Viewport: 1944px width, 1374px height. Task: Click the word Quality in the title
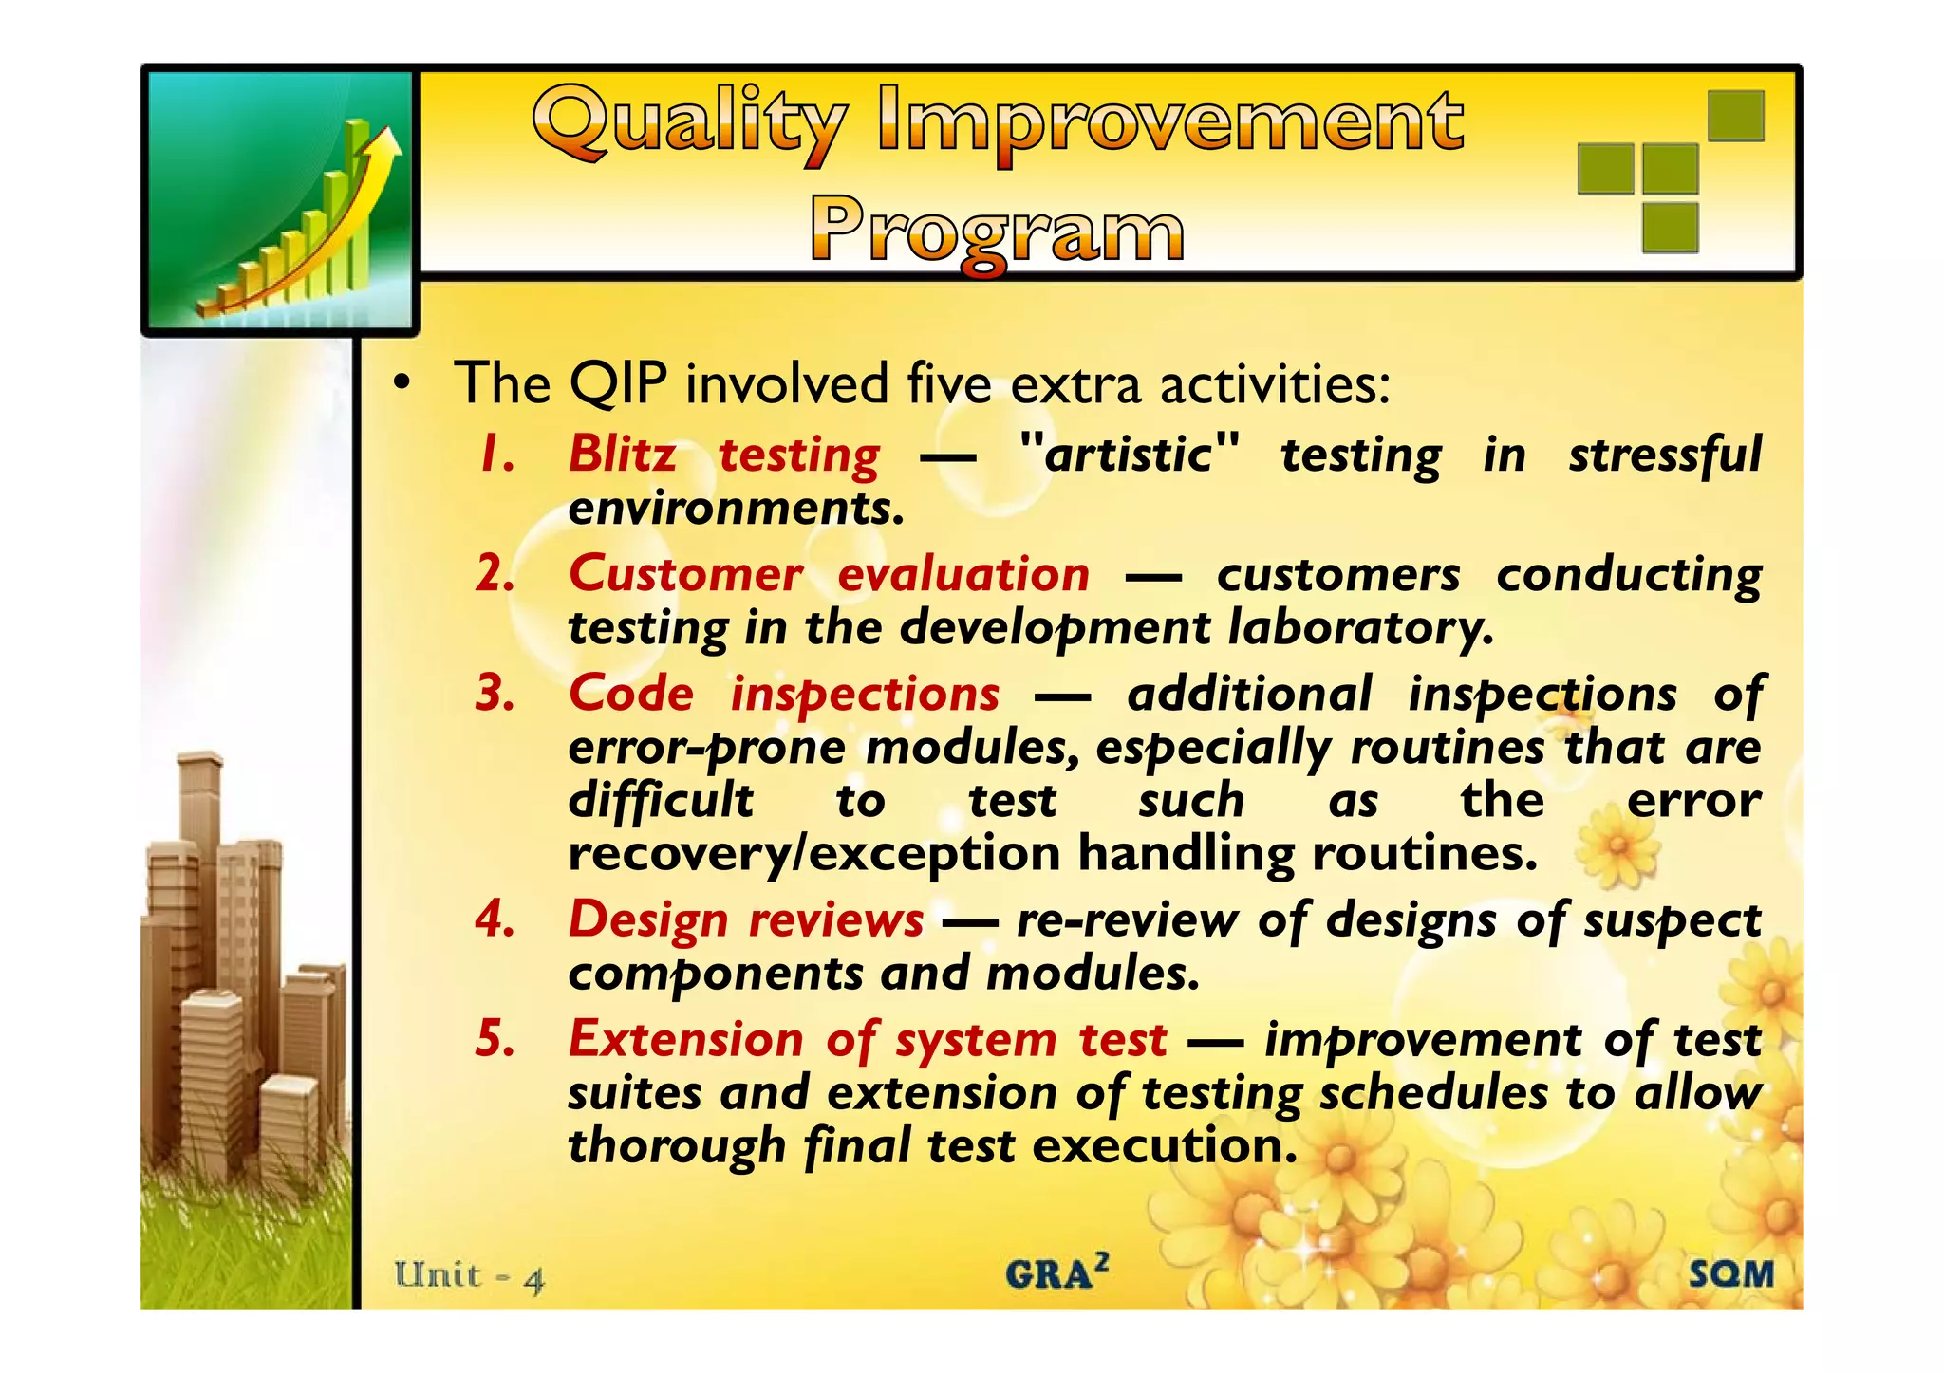coord(688,123)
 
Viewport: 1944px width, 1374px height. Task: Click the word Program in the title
coord(997,230)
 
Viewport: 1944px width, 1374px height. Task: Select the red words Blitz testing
coord(723,455)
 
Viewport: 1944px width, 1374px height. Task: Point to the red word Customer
coord(684,574)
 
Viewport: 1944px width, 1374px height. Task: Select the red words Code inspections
coord(783,694)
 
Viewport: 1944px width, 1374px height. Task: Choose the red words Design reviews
coord(745,919)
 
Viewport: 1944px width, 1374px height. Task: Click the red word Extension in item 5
coord(685,1039)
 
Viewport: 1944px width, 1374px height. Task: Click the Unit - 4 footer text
coord(469,1276)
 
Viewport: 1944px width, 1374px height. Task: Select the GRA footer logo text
coord(1056,1272)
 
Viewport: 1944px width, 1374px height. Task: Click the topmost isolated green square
coord(1735,116)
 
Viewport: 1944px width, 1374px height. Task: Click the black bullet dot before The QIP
coord(402,383)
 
